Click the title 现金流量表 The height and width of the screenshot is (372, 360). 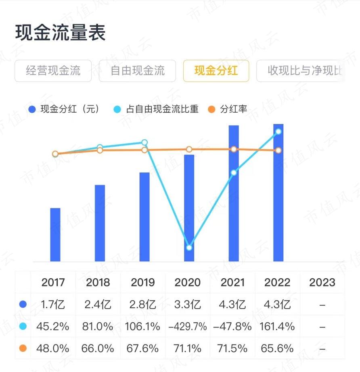pyautogui.click(x=61, y=32)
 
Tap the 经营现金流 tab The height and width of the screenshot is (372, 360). pyautogui.click(x=53, y=71)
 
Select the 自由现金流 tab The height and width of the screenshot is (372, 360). pyautogui.click(x=138, y=71)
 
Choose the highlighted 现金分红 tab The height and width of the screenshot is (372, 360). pyautogui.click(x=216, y=71)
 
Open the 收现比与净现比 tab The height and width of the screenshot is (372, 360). pyautogui.click(x=301, y=71)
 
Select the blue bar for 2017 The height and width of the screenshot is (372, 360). pyautogui.click(x=55, y=235)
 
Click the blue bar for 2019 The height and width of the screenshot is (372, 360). pyautogui.click(x=144, y=217)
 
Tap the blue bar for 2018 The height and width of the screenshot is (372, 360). pyautogui.click(x=100, y=223)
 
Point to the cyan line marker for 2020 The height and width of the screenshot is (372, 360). pyautogui.click(x=189, y=248)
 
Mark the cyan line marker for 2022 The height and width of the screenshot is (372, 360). pyautogui.click(x=278, y=132)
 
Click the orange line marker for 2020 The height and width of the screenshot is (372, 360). pyautogui.click(x=189, y=149)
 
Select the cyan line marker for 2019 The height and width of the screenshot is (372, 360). pyautogui.click(x=144, y=143)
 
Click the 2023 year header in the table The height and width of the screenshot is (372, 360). pyautogui.click(x=322, y=282)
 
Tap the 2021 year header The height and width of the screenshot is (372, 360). pyautogui.click(x=232, y=282)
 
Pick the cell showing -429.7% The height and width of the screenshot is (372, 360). pyautogui.click(x=187, y=326)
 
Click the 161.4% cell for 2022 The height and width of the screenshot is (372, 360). pyautogui.click(x=277, y=326)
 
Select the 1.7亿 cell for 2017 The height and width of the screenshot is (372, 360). pyautogui.click(x=53, y=305)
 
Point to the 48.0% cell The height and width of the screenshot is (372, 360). pyautogui.click(x=53, y=349)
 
